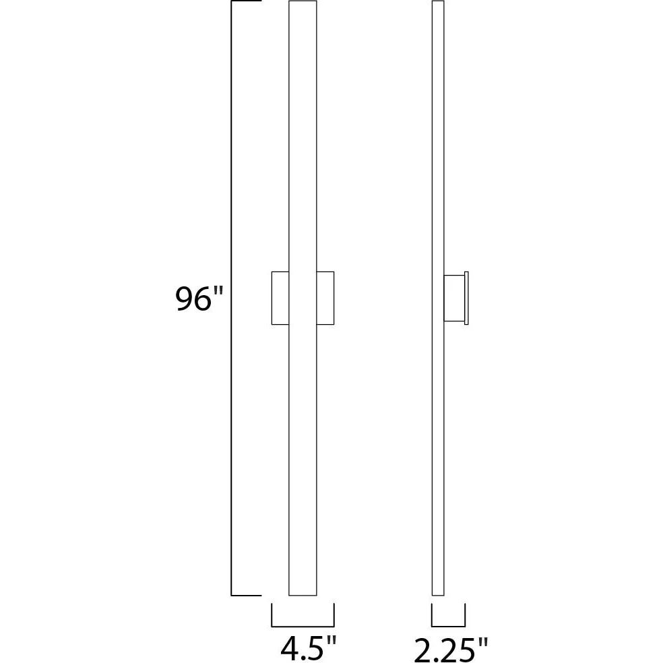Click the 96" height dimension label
tap(199, 298)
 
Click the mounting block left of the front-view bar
tap(280, 298)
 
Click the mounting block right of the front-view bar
tap(325, 298)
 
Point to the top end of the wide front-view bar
tap(303, 1)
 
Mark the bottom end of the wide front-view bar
tap(303, 596)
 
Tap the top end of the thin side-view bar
tap(438, 1)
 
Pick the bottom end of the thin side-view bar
tap(438, 596)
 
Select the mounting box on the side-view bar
tap(453, 298)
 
